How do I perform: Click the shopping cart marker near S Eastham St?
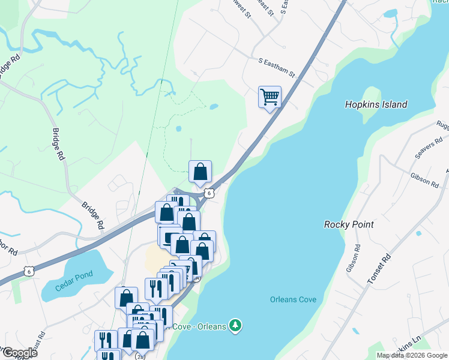(270, 97)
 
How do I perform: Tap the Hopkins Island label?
(376, 104)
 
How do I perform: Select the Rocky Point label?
(349, 224)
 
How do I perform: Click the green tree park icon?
(237, 326)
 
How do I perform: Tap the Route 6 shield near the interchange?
(208, 193)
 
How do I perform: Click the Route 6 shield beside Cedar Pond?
(29, 271)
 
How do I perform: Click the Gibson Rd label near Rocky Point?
(352, 256)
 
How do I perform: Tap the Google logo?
(19, 353)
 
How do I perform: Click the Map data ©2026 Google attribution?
(412, 355)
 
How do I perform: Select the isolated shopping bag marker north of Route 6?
(200, 171)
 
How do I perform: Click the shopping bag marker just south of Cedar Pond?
(126, 297)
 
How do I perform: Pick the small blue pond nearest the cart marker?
(214, 107)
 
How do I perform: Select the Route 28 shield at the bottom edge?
(140, 356)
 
